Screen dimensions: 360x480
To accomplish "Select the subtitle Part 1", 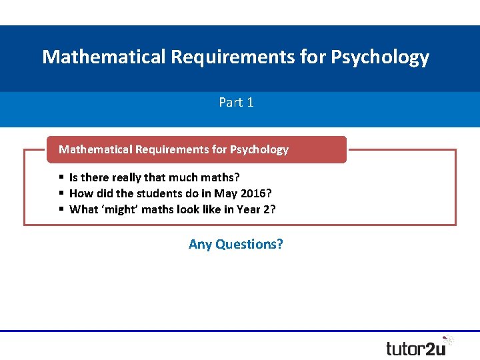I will tap(236, 103).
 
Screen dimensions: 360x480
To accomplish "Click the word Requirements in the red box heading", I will tap(171, 149).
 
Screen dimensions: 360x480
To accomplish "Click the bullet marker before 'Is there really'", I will tap(61, 177).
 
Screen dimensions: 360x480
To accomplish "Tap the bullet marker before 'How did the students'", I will tap(61, 193).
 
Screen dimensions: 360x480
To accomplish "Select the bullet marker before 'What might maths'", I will tap(61, 209).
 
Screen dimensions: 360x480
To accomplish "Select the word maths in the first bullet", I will tap(221, 177).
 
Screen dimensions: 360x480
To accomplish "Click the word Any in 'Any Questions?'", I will tap(199, 244).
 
